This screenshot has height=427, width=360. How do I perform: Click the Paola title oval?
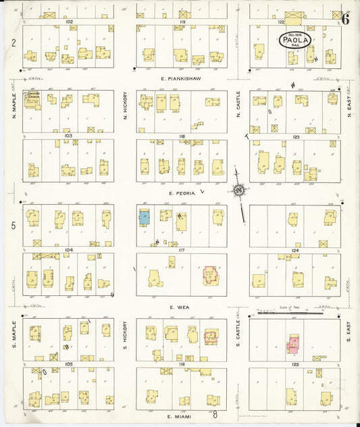pos(295,41)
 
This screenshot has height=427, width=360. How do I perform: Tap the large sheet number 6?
pos(345,18)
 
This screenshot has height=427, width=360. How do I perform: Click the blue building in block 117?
pos(145,218)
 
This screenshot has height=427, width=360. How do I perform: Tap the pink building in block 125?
pos(293,344)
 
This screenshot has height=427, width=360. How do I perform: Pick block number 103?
pos(68,135)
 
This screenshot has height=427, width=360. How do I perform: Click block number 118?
pos(181,136)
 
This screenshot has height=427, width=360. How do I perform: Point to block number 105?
pos(68,363)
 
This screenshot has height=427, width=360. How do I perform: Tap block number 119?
pos(181,22)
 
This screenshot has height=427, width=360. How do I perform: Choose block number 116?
pos(181,363)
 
